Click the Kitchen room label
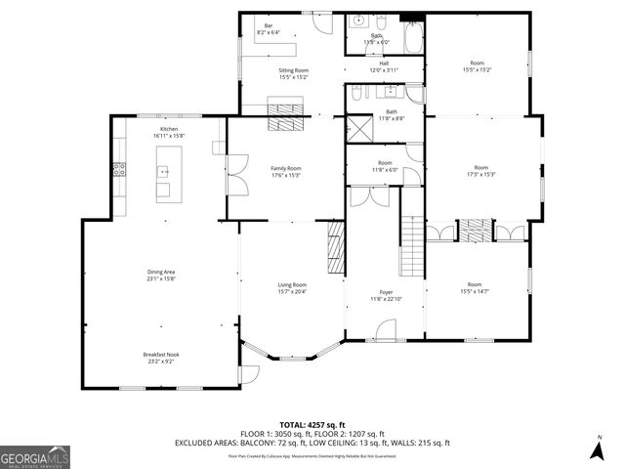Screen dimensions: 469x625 point(170,130)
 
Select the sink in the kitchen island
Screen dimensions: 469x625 point(162,189)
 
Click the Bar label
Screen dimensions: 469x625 point(268,26)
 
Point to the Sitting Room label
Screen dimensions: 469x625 point(293,70)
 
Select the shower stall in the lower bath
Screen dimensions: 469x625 point(358,130)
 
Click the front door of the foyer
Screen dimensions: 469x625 point(384,340)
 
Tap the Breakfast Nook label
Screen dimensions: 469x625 point(160,355)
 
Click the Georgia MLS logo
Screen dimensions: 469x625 point(35,455)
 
